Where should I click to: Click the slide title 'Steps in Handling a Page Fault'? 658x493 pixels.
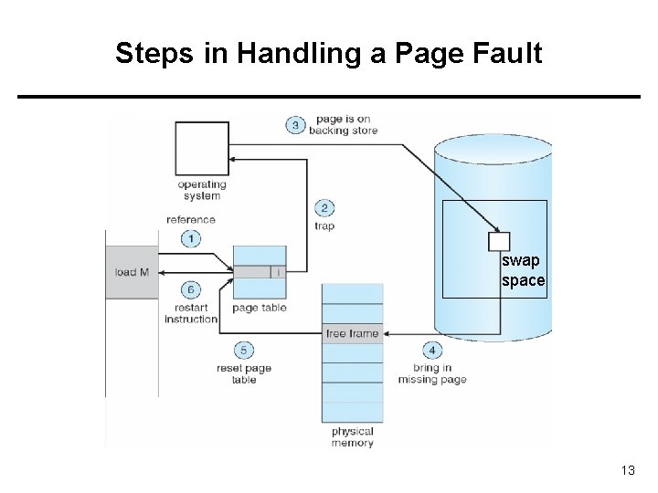[x=328, y=53]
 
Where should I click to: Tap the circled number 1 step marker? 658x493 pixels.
[x=190, y=238]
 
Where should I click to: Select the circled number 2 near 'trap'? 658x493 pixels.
[x=324, y=208]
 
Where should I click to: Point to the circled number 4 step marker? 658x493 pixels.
[x=432, y=351]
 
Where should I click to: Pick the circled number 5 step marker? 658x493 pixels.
[x=244, y=351]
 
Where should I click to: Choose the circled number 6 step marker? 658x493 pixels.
[x=190, y=290]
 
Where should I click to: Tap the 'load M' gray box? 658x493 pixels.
[x=132, y=272]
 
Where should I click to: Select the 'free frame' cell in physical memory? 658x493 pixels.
[x=352, y=333]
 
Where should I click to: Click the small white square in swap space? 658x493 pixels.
[x=498, y=241]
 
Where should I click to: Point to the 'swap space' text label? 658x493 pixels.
[x=523, y=271]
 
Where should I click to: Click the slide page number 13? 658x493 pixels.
[x=627, y=470]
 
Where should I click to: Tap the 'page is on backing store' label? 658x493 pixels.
[x=343, y=125]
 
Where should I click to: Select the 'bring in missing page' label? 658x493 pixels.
[x=432, y=373]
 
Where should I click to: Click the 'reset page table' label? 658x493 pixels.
[x=244, y=373]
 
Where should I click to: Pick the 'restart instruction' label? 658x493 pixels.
[x=191, y=313]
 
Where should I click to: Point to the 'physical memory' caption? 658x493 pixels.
[x=352, y=437]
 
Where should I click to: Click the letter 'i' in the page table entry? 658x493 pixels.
[x=278, y=272]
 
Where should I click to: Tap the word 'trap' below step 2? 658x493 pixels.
[x=324, y=226]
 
